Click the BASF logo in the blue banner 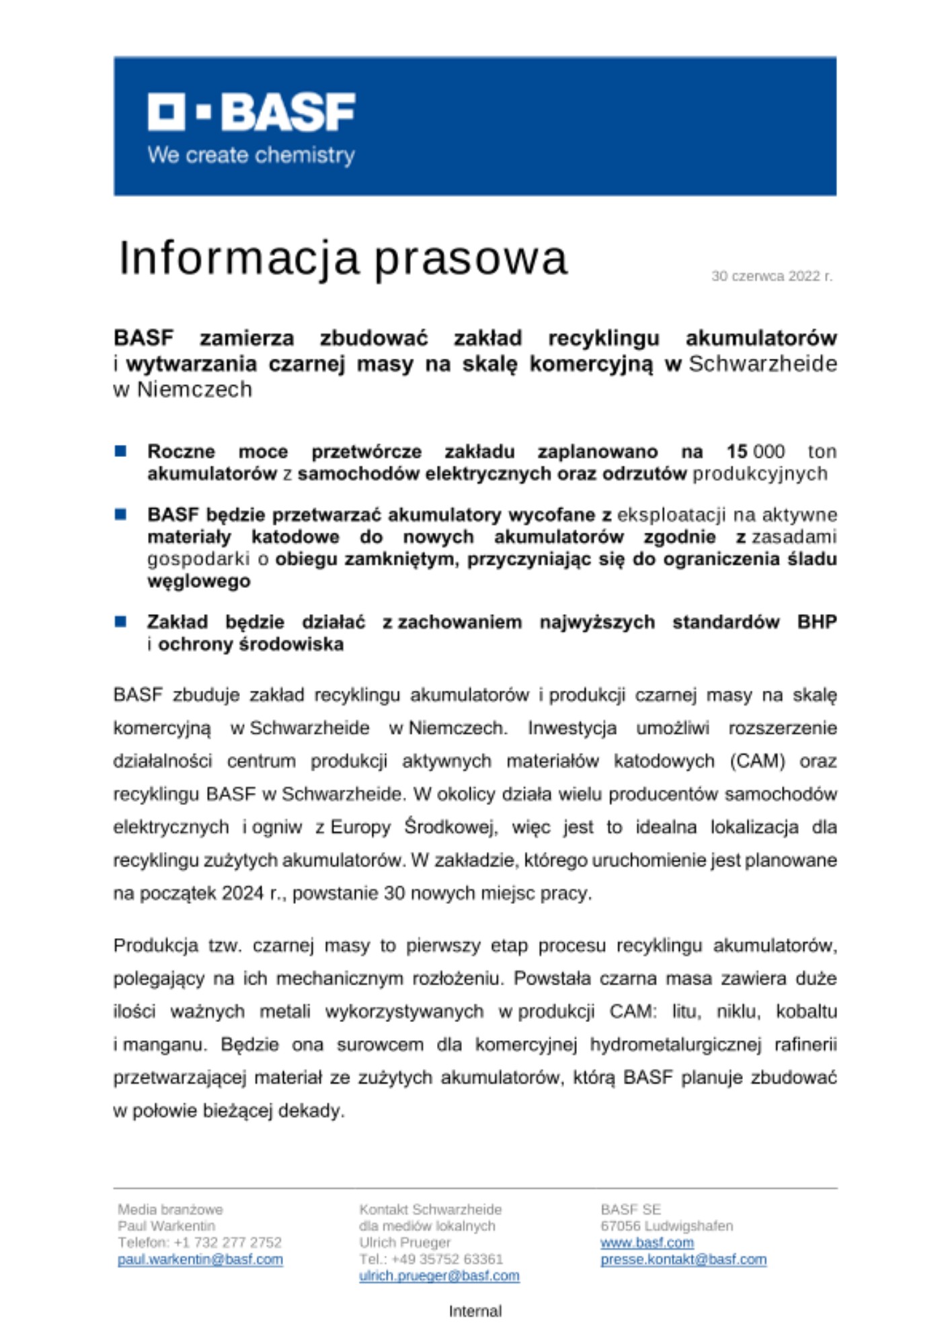click(251, 112)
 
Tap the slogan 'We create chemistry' click(251, 155)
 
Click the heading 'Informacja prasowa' click(343, 258)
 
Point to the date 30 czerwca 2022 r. click(771, 276)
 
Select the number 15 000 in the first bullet click(755, 452)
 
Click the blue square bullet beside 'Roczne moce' click(121, 451)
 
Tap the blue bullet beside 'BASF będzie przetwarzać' click(121, 515)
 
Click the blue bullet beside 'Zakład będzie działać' click(121, 622)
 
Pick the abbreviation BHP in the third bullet click(816, 622)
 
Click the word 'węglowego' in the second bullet click(198, 581)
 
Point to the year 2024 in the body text click(243, 893)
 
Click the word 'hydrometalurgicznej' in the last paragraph click(675, 1045)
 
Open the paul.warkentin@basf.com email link click(200, 1259)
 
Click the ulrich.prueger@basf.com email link click(439, 1275)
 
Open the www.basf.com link click(647, 1243)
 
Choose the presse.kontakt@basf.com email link click(683, 1259)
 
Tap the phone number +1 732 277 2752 click(227, 1243)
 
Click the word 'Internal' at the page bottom click(475, 1311)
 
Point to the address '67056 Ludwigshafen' click(666, 1226)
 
